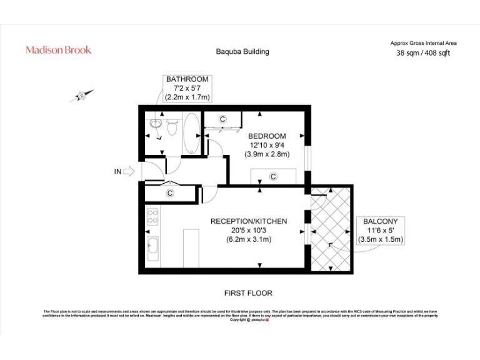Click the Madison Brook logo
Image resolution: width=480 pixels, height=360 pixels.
point(58,50)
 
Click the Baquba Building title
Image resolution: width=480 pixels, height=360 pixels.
point(242,51)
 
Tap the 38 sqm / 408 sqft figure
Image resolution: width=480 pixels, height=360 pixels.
point(423,53)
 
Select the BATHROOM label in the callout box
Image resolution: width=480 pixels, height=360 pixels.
point(187,79)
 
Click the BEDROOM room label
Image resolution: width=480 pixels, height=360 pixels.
point(267,136)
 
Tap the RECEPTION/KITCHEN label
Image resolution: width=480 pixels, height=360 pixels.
point(249,221)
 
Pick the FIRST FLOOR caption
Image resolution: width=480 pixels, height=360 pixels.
point(248,293)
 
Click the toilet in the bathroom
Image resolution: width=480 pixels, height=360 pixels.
point(172,128)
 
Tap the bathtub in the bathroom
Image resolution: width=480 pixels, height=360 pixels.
point(191,132)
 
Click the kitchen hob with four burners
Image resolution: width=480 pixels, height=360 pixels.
point(152,217)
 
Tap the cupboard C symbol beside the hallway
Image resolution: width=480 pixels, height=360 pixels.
point(170,194)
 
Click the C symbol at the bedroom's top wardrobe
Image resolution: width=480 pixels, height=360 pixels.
point(222,119)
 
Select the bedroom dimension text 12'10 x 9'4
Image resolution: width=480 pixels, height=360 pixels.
point(267,146)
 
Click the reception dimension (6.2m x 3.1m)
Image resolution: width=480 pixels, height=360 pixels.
point(249,240)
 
